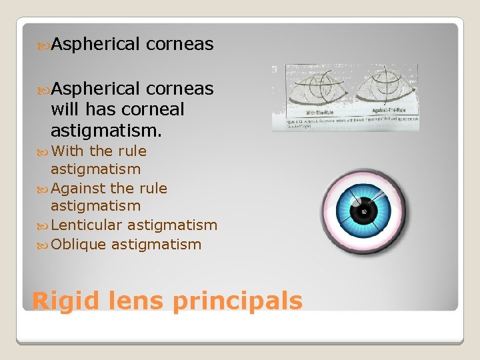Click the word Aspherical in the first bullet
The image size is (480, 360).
pyautogui.click(x=95, y=45)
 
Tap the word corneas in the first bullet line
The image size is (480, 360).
pyautogui.click(x=179, y=45)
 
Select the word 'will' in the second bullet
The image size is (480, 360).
pyautogui.click(x=64, y=109)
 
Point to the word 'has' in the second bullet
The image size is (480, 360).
pyautogui.click(x=99, y=109)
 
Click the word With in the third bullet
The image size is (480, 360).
pyautogui.click(x=67, y=151)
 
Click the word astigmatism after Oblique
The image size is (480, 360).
pyautogui.click(x=156, y=245)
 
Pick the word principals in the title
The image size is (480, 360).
pyautogui.click(x=237, y=301)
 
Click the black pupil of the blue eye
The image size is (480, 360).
pyautogui.click(x=364, y=212)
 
